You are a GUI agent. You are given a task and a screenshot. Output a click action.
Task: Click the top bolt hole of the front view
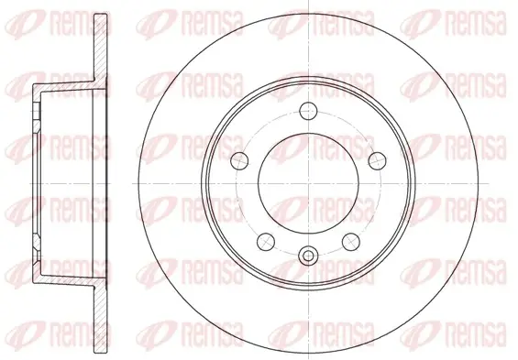[308, 111]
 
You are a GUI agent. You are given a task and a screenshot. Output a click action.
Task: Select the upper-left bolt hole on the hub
[239, 161]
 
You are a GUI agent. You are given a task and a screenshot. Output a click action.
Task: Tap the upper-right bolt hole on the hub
[377, 161]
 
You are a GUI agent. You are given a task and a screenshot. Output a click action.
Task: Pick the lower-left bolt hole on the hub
[266, 242]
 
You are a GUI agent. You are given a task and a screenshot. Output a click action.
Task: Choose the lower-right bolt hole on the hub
[351, 242]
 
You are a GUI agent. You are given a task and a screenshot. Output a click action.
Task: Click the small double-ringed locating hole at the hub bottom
[308, 255]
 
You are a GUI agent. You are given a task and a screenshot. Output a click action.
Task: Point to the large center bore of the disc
[308, 183]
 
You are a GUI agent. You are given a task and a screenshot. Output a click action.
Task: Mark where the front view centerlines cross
[308, 183]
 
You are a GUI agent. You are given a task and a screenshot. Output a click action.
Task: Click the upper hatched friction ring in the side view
[101, 48]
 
